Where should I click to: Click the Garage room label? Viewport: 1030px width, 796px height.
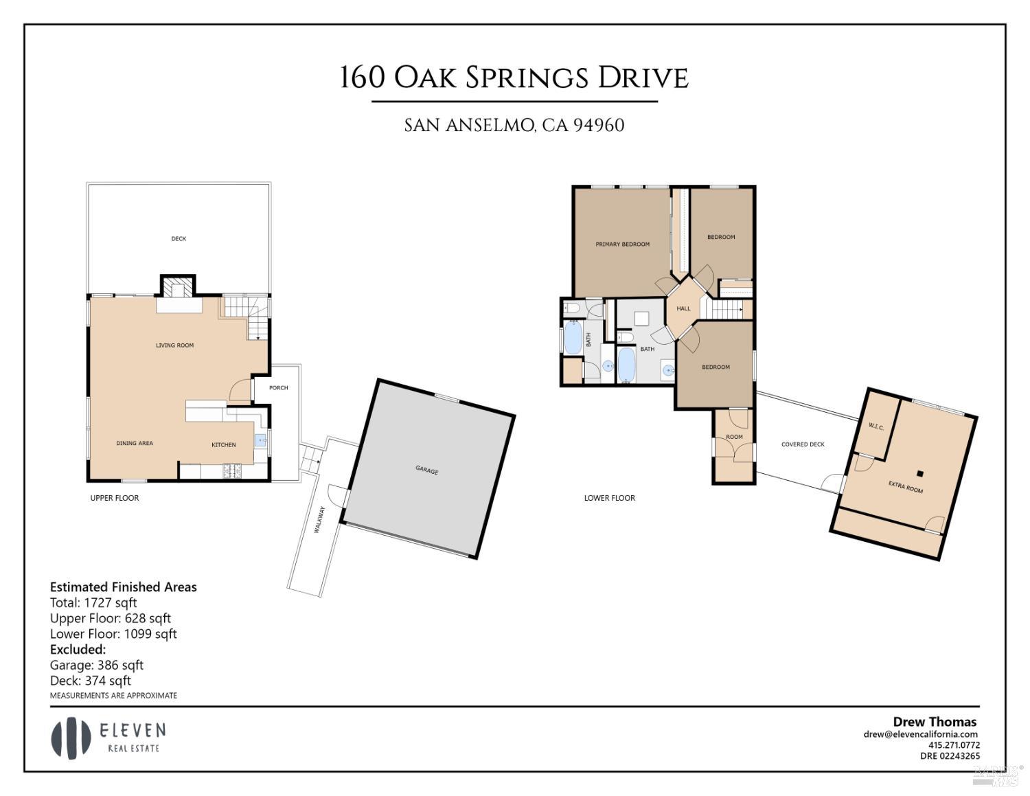click(426, 470)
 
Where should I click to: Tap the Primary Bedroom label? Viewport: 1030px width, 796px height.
click(622, 244)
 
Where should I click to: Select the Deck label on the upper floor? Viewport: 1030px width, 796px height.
click(179, 238)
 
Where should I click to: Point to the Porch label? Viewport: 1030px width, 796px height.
click(278, 387)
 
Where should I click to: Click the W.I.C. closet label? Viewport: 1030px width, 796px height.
click(875, 427)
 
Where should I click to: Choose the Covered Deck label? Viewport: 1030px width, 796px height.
click(803, 444)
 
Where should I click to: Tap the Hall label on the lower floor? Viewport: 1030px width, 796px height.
click(683, 308)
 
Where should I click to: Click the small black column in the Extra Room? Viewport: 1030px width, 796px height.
click(919, 473)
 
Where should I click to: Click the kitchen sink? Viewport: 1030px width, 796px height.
click(261, 440)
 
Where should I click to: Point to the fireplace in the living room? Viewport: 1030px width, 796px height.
click(178, 290)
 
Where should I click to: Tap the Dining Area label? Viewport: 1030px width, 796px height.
click(135, 443)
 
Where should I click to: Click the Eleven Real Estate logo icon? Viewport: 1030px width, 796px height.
click(71, 738)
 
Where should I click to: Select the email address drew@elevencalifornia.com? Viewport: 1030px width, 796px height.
click(920, 734)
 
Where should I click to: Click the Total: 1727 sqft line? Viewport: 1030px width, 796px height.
click(93, 602)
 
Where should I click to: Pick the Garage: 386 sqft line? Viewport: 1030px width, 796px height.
click(96, 665)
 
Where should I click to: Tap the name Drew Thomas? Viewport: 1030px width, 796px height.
click(934, 721)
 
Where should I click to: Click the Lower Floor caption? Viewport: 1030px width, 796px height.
click(609, 498)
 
